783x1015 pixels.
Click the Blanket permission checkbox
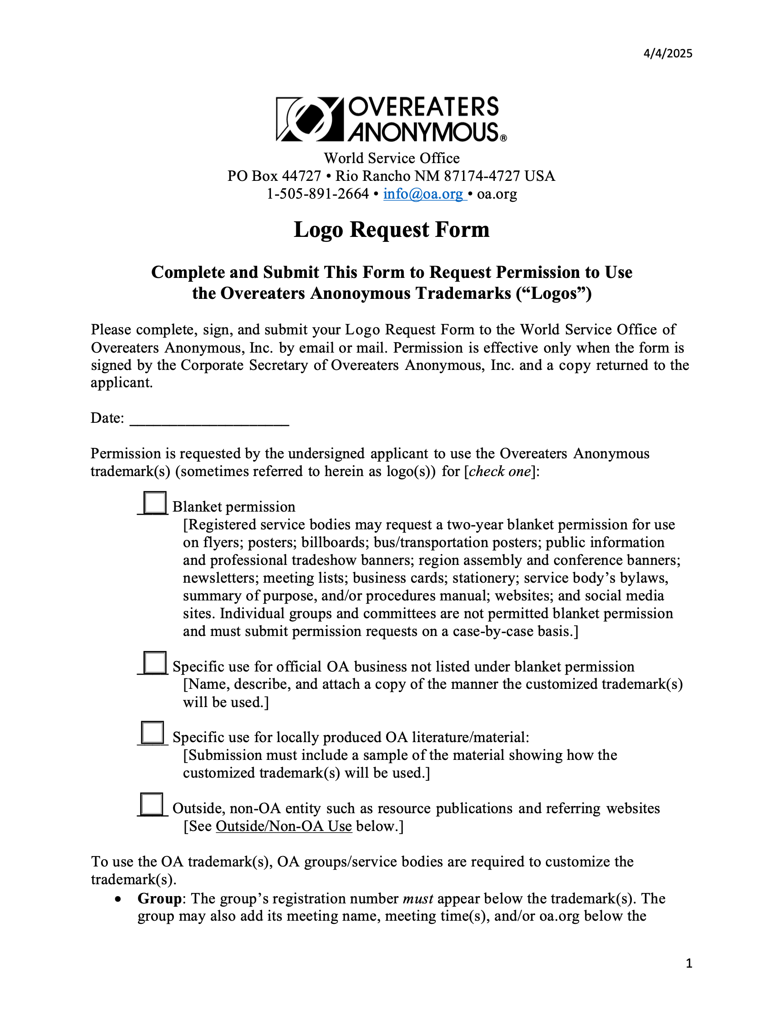click(x=155, y=502)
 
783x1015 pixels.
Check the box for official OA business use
click(x=155, y=662)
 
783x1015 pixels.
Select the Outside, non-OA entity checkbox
click(x=152, y=804)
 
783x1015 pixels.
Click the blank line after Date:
click(x=209, y=419)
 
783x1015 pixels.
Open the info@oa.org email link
click(x=423, y=194)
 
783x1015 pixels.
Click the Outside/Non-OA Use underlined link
click(x=284, y=826)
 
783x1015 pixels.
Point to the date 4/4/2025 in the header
click(x=667, y=53)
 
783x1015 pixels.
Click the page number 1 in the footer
click(x=689, y=964)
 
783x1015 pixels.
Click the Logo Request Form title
click(x=391, y=230)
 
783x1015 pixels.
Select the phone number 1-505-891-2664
click(x=318, y=194)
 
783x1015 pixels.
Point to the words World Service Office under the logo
click(x=391, y=159)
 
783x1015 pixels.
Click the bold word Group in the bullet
click(x=159, y=898)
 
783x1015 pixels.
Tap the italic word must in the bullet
click(x=417, y=898)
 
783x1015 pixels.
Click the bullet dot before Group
click(x=119, y=899)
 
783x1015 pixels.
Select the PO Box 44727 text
click(x=274, y=176)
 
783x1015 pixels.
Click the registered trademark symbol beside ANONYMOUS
click(x=503, y=138)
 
